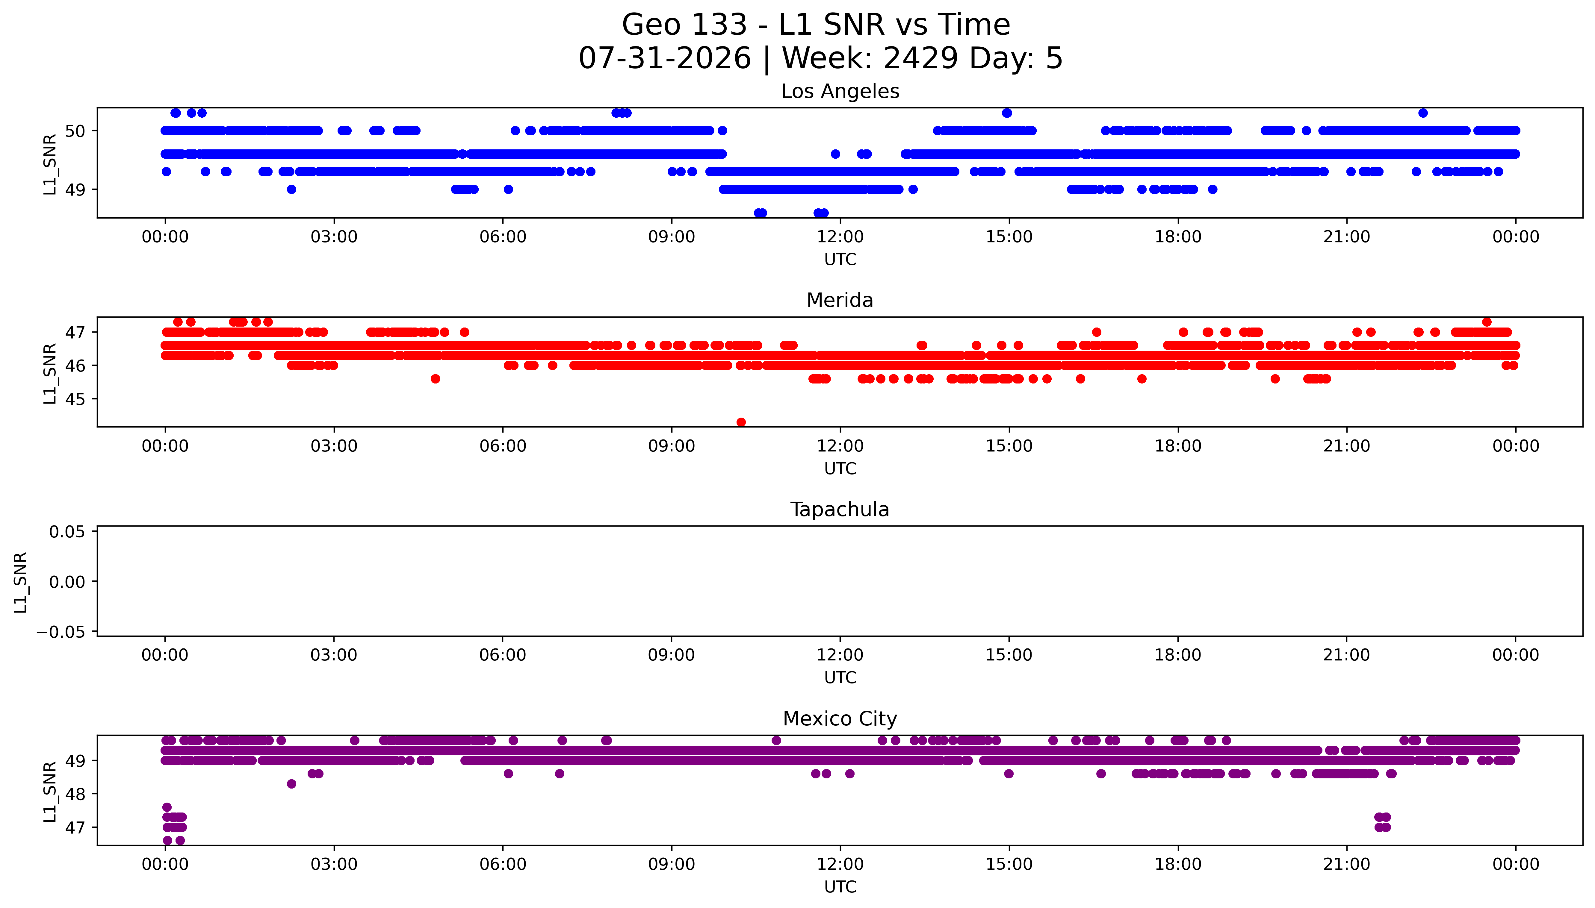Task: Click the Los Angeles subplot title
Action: coord(840,92)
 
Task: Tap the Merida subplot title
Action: coord(840,301)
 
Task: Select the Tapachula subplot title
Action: coord(840,510)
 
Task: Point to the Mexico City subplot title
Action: coord(840,719)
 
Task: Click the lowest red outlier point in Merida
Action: coord(741,422)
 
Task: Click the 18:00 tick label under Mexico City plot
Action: coord(1178,864)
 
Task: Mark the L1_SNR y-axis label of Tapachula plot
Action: coord(21,582)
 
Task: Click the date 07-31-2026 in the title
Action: coord(665,58)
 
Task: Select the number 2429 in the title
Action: coord(920,58)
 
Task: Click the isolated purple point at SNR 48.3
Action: coord(291,784)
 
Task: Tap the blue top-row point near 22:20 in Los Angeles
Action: coord(1423,113)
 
